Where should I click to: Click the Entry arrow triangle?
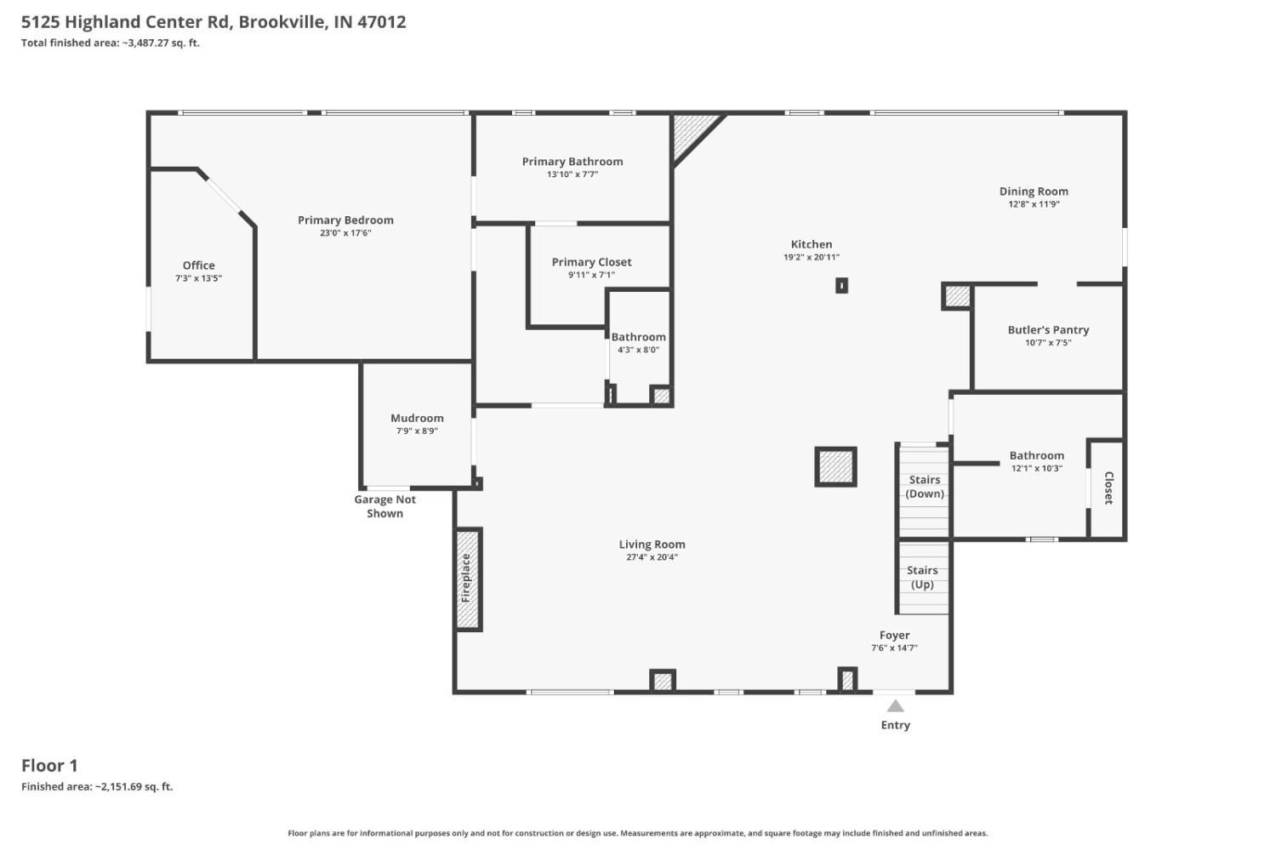895,706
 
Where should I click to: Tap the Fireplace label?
466,579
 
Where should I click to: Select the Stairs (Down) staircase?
924,491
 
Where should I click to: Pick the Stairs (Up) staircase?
923,578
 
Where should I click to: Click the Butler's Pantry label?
1048,330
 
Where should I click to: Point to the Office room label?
199,265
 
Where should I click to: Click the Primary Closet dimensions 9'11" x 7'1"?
591,275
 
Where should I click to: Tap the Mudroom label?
417,418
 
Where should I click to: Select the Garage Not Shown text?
385,506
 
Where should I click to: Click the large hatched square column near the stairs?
835,466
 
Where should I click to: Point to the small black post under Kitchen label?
841,285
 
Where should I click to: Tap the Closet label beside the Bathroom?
1108,488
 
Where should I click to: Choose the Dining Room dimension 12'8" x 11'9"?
1034,204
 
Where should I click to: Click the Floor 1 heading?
49,766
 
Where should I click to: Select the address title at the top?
214,21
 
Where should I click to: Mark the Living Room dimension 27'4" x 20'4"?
652,557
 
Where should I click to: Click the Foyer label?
894,636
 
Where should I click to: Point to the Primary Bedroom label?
345,220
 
